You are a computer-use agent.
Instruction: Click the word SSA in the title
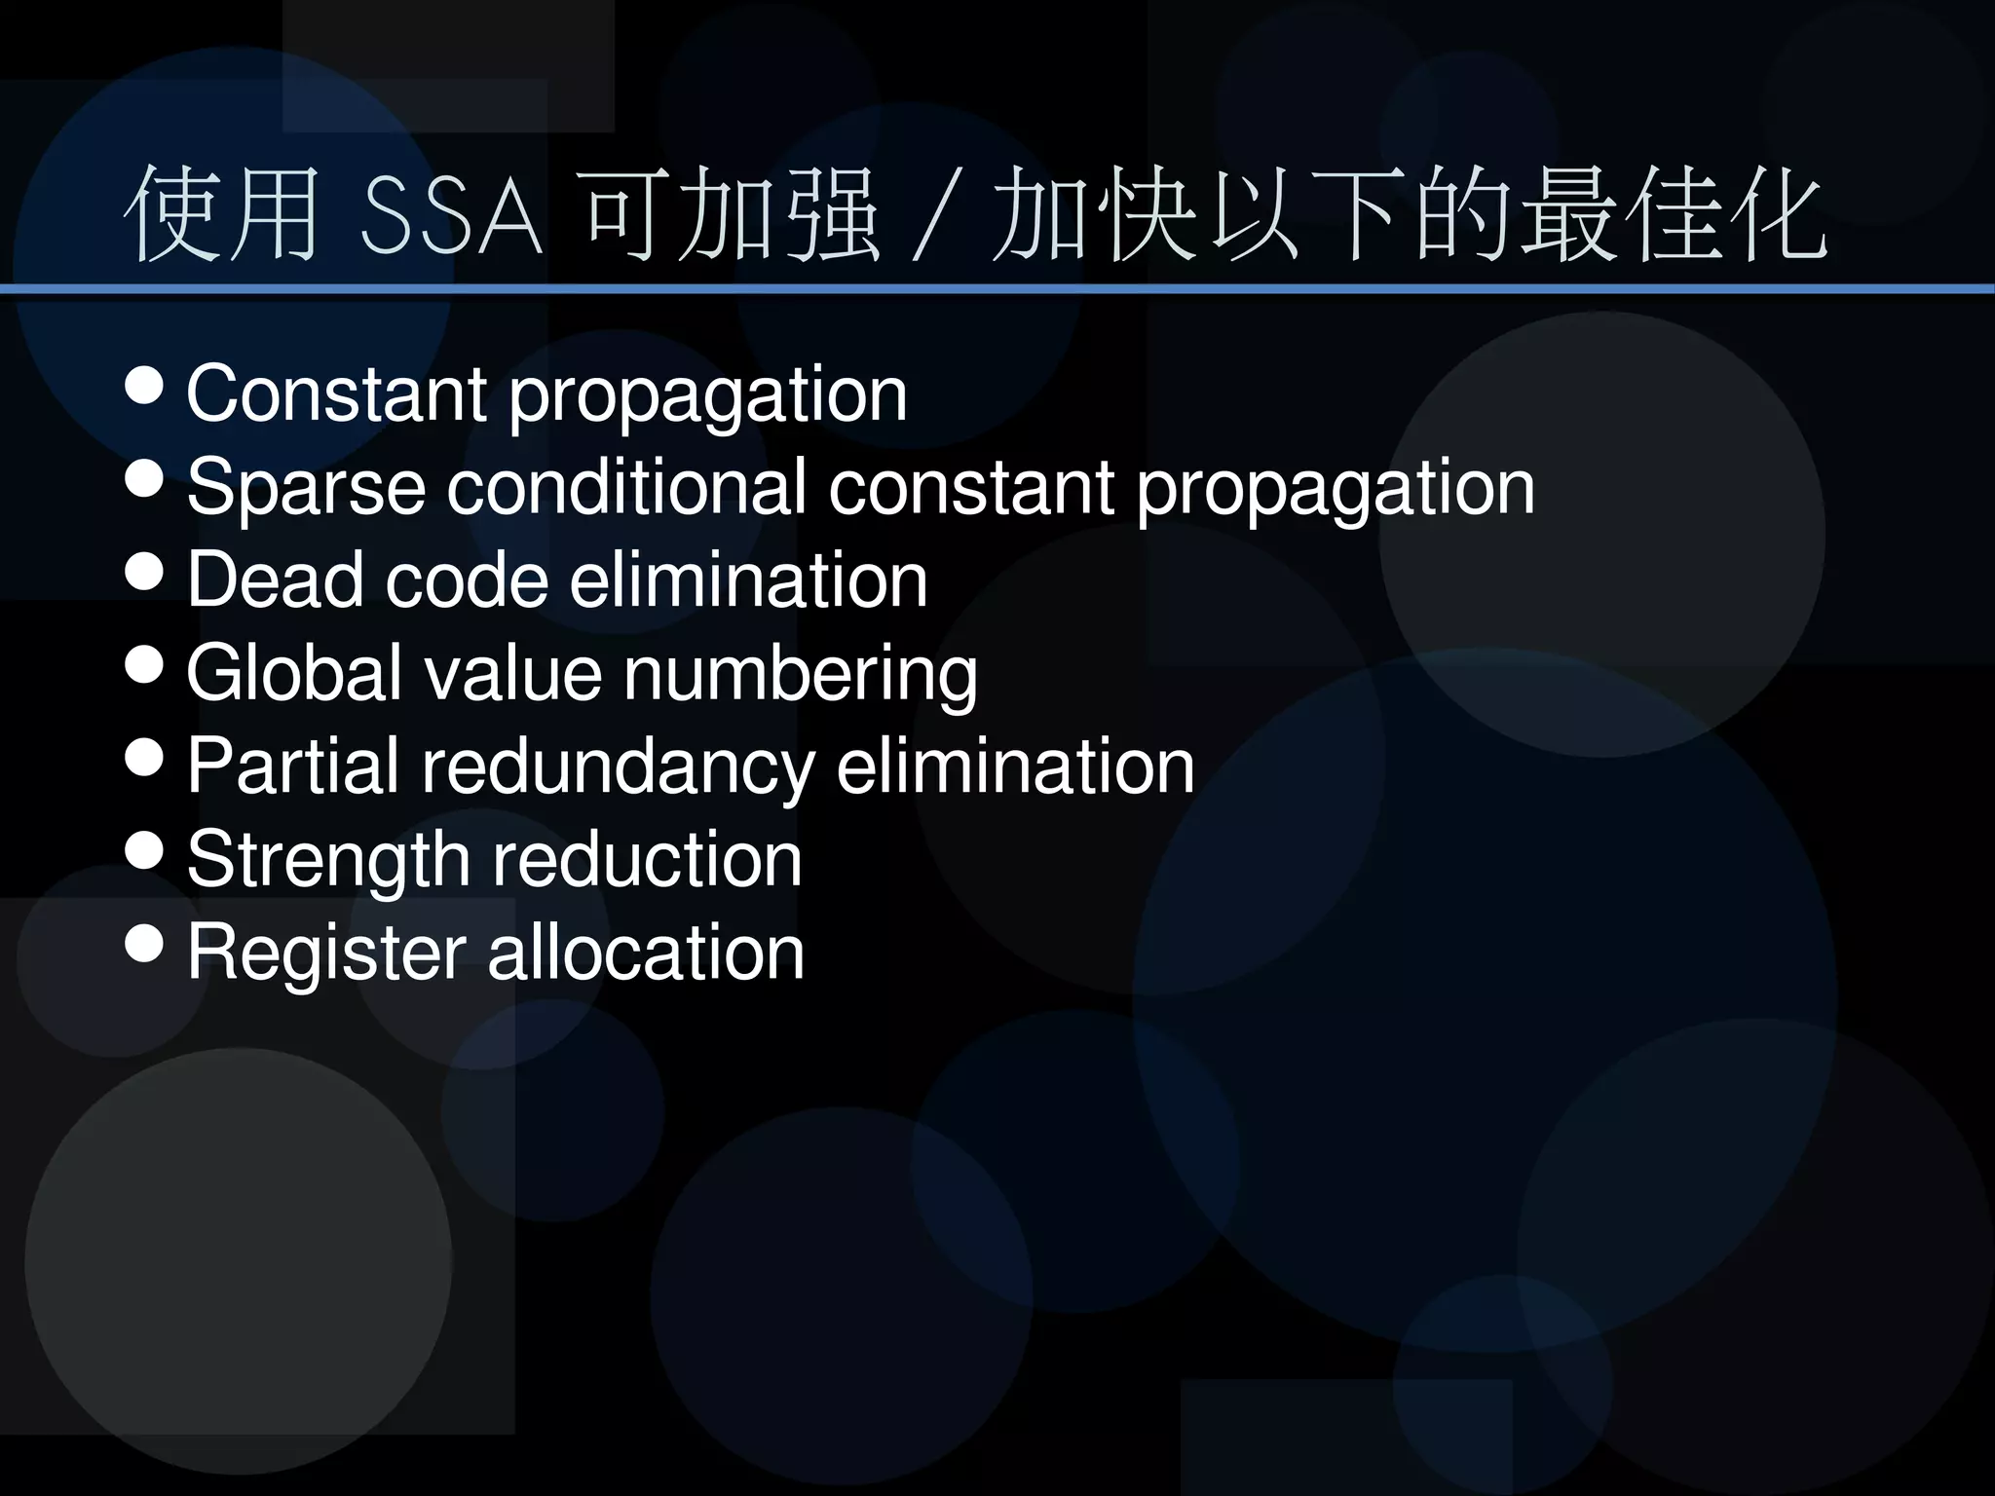pyautogui.click(x=450, y=217)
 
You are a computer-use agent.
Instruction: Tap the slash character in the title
pyautogui.click(x=932, y=217)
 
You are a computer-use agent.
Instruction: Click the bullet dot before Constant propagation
pyautogui.click(x=145, y=386)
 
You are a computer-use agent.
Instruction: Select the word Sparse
pyautogui.click(x=306, y=487)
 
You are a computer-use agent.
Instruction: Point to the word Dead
pyautogui.click(x=275, y=580)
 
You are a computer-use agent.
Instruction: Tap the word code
pyautogui.click(x=467, y=580)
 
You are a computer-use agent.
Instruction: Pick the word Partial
pyautogui.click(x=292, y=766)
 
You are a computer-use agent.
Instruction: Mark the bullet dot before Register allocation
pyautogui.click(x=145, y=943)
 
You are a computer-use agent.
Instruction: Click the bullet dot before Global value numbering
pyautogui.click(x=145, y=664)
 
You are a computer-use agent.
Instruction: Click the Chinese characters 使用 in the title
pyautogui.click(x=222, y=215)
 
